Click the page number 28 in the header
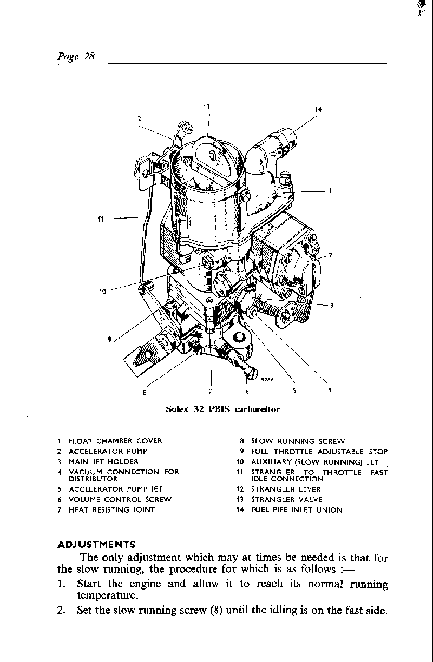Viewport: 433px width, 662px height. [89, 56]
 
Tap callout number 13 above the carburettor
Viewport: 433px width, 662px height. [206, 107]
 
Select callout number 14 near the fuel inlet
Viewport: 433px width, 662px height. [318, 110]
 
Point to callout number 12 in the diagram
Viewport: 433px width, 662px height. [137, 118]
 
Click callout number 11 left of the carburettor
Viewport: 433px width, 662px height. [101, 219]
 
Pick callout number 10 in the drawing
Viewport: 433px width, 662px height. [103, 292]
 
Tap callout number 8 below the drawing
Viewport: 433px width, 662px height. [145, 393]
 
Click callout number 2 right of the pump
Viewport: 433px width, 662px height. [330, 255]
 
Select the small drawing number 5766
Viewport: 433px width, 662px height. [267, 380]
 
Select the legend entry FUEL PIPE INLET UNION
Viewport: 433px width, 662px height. [297, 510]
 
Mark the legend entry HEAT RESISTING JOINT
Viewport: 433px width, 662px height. [111, 510]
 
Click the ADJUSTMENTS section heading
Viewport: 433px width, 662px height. [96, 544]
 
